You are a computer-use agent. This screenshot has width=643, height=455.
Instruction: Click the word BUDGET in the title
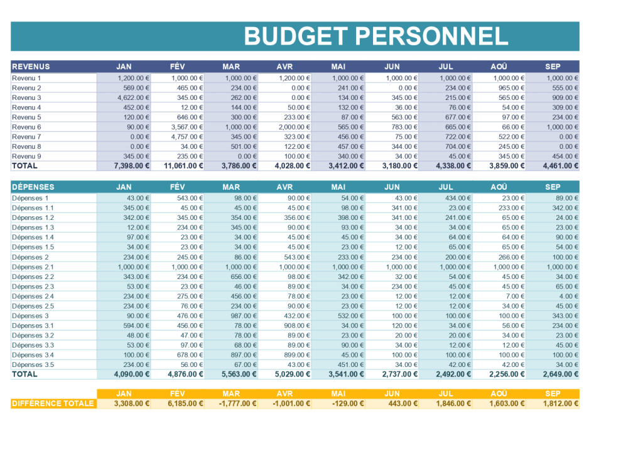[296, 36]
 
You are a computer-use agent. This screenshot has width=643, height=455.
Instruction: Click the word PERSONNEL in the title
[432, 36]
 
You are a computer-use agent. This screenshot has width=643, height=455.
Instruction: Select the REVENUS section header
[31, 66]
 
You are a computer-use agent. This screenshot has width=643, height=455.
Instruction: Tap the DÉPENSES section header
[33, 187]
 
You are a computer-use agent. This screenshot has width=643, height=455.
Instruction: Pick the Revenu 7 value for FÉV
[186, 136]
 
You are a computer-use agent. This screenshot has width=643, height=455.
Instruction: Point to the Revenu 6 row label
[26, 127]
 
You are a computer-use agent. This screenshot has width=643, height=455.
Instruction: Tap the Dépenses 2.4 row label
[33, 296]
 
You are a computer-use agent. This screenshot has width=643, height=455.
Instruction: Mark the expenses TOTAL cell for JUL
[453, 374]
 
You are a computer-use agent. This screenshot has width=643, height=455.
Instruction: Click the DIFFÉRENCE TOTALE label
[53, 403]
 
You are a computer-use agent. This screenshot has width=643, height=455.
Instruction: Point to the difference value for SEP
[561, 403]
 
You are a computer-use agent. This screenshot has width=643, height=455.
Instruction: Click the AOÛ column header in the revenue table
[499, 66]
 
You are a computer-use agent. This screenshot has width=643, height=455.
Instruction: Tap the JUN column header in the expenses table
[392, 187]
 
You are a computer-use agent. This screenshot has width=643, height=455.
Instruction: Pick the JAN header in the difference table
[124, 394]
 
